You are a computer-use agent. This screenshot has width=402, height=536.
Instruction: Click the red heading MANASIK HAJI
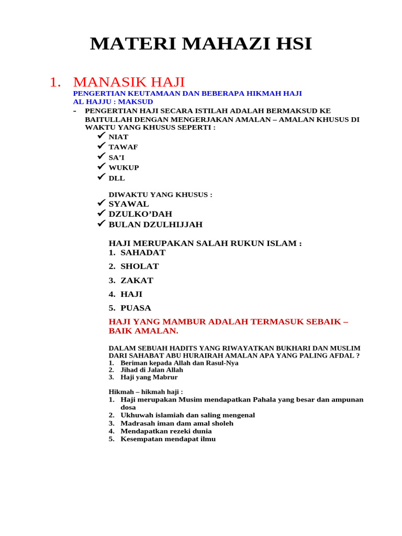point(129,82)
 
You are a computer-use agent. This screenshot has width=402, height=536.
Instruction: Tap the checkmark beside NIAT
point(101,136)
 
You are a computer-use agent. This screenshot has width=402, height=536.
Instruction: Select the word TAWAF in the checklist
point(123,147)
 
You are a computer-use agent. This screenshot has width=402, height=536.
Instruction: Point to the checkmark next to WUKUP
point(101,166)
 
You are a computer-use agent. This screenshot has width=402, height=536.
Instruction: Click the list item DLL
point(117,178)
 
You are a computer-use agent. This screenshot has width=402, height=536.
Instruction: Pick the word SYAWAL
point(129,204)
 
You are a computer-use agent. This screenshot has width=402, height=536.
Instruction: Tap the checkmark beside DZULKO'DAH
point(101,213)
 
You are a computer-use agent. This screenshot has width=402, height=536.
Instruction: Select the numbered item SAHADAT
point(142,252)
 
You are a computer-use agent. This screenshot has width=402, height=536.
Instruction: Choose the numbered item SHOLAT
point(139,266)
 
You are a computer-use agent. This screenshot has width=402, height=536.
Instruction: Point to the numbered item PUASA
point(136,308)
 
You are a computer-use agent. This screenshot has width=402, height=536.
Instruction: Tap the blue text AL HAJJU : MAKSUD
point(113,102)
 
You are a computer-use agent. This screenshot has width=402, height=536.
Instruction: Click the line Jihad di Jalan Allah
point(152,370)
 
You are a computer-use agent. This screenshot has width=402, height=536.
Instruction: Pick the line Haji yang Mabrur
point(149,377)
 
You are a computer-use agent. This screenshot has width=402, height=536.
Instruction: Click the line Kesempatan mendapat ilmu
point(167,439)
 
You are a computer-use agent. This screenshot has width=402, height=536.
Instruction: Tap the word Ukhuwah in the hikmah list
point(137,415)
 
